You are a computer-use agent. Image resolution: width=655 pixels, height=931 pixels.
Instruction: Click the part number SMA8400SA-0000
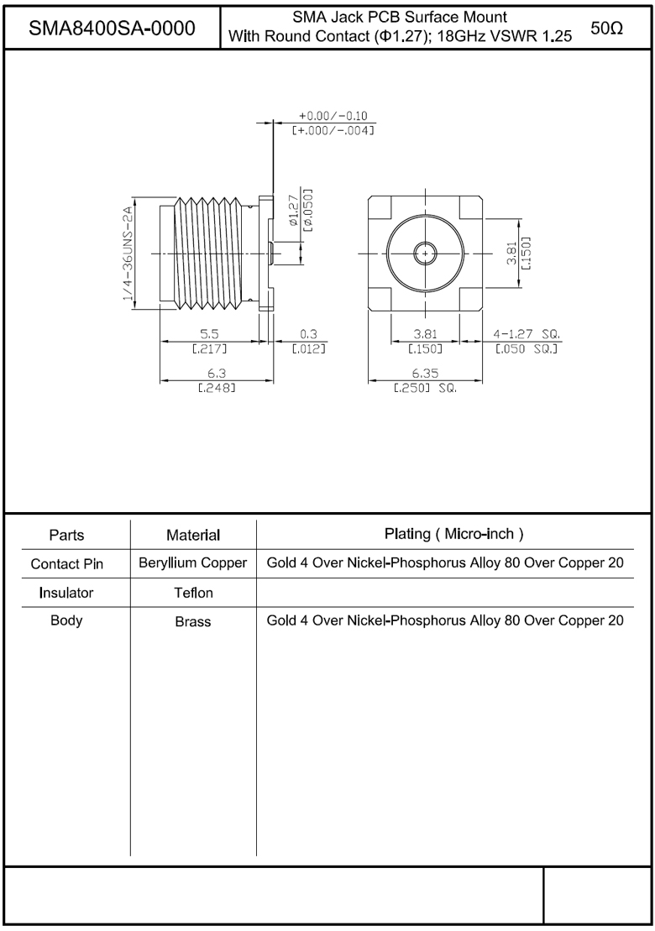(x=112, y=28)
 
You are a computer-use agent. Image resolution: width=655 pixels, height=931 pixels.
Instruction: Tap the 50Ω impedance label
(x=607, y=28)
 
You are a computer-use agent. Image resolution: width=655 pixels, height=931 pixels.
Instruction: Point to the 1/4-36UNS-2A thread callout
(x=127, y=253)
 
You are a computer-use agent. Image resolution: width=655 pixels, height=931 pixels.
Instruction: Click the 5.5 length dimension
(x=208, y=335)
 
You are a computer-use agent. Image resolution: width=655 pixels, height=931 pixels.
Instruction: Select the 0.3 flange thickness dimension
(x=309, y=335)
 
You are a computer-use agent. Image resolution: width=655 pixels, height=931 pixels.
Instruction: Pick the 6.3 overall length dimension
(x=216, y=374)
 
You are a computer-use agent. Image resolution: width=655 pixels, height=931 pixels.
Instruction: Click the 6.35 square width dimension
(x=425, y=374)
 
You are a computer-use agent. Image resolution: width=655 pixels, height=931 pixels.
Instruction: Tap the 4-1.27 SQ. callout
(x=527, y=335)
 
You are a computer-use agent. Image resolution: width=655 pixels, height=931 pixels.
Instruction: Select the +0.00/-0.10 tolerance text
(x=333, y=116)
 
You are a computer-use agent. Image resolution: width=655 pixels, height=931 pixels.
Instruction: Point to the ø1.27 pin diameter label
(x=293, y=211)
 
